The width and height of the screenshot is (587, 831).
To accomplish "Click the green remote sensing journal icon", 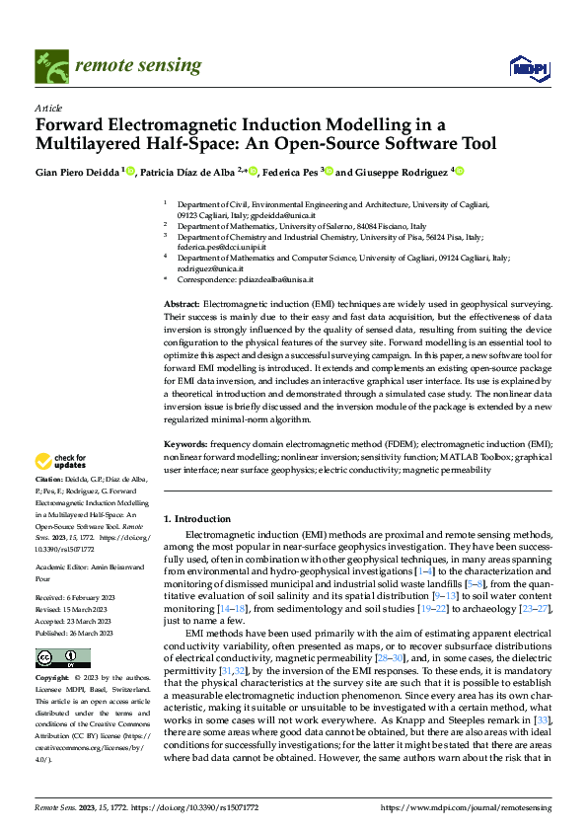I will pyautogui.click(x=47, y=62).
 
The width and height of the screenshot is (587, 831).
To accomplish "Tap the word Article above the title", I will pyautogui.click(x=48, y=107).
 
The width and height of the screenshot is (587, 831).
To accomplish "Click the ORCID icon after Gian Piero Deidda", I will pyautogui.click(x=130, y=171).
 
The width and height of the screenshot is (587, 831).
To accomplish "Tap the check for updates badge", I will pyautogui.click(x=61, y=460).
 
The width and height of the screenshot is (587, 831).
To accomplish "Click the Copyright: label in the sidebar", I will pyautogui.click(x=53, y=679).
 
